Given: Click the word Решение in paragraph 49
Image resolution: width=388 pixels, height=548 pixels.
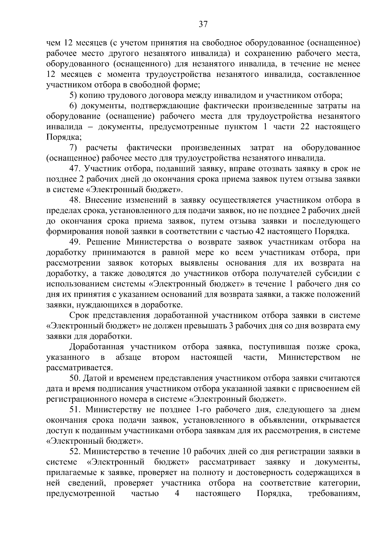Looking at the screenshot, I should pos(103,242).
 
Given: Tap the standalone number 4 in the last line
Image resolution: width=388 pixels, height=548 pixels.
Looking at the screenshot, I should pos(177,493).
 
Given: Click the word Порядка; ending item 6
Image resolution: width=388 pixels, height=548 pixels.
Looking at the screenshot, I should pos(64,137).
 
